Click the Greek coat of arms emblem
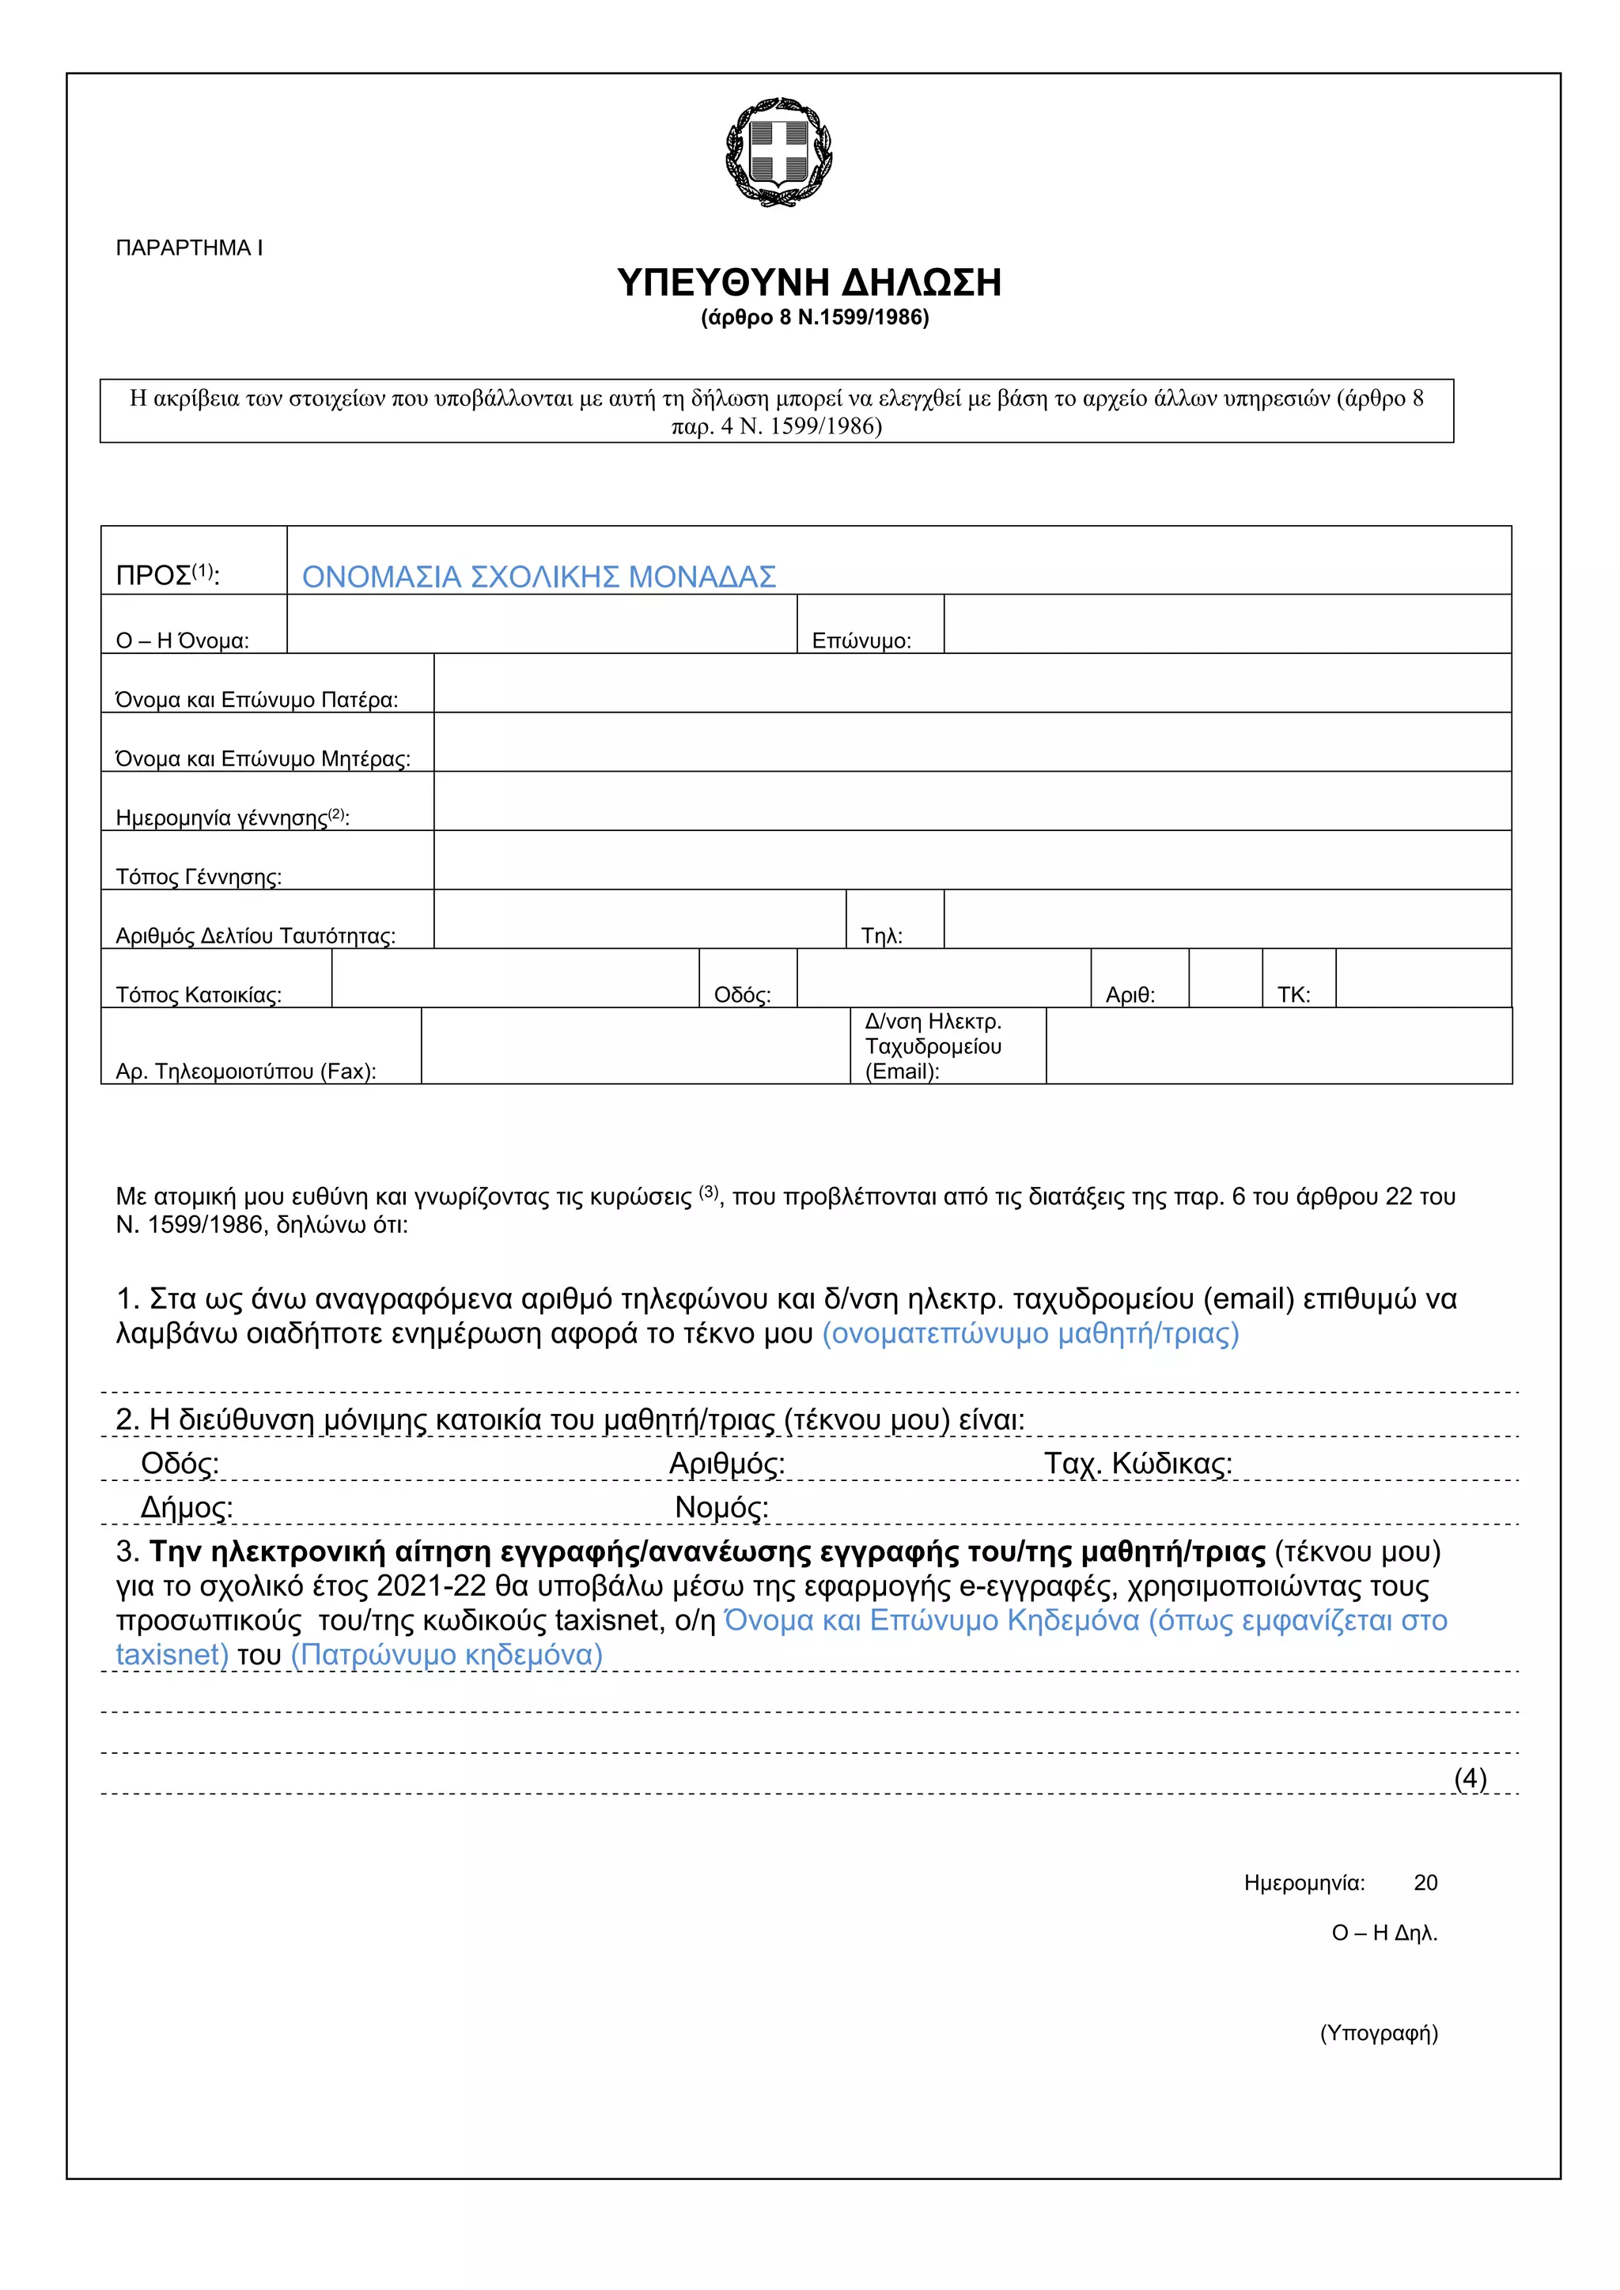tap(779, 152)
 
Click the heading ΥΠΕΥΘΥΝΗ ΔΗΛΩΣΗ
tap(809, 283)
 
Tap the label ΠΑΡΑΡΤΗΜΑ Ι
tap(190, 248)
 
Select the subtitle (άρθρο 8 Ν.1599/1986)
tap(815, 318)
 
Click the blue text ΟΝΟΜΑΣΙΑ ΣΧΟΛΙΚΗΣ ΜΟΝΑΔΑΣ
tap(539, 576)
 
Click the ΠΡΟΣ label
tap(165, 576)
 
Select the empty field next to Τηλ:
tap(1226, 919)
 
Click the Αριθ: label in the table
tap(1130, 995)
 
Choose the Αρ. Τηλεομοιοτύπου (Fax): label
tap(245, 1071)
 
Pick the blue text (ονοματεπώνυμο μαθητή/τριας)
tap(1031, 1333)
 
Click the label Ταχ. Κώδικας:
tap(1138, 1463)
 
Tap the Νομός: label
tap(721, 1507)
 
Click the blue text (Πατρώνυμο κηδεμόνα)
tap(447, 1655)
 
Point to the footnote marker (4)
tap(1470, 1778)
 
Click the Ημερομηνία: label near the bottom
tap(1304, 1883)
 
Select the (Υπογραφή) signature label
tap(1379, 2034)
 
